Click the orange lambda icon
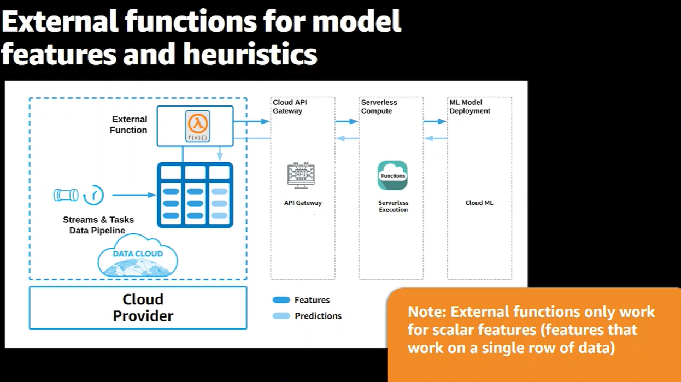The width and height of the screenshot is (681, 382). [x=197, y=122]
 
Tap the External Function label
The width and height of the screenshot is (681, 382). [x=128, y=125]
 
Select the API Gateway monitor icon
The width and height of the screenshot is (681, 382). [x=301, y=175]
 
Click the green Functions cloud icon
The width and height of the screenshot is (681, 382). [x=392, y=175]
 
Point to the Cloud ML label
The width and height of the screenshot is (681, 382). [x=479, y=203]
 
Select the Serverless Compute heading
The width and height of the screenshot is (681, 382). [x=379, y=107]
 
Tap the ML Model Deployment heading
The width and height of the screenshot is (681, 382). [x=470, y=107]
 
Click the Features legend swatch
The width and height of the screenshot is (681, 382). [x=281, y=300]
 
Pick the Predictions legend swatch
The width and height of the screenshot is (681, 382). [x=281, y=316]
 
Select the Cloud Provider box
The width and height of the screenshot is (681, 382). [x=138, y=308]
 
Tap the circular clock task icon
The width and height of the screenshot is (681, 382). [x=94, y=195]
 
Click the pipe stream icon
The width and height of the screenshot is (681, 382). [x=66, y=195]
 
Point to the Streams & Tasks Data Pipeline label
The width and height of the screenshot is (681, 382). [x=98, y=225]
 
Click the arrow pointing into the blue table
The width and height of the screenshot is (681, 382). [x=134, y=195]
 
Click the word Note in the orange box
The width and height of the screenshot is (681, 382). [x=425, y=312]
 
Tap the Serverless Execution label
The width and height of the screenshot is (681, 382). [x=393, y=206]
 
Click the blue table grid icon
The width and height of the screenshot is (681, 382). [x=195, y=195]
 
